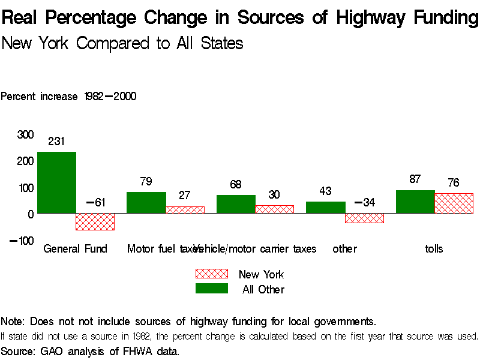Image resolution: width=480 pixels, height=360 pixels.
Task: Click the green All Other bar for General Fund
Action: (x=56, y=182)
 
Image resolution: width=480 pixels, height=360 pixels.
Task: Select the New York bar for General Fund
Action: (x=95, y=221)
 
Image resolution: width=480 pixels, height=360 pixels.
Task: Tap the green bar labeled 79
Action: (x=146, y=203)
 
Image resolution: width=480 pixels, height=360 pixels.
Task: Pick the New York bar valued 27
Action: (x=185, y=209)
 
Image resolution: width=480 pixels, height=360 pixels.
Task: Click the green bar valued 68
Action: (x=236, y=204)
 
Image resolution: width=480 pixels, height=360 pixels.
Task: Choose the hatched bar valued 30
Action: (x=275, y=209)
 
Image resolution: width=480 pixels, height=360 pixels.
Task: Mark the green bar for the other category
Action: (x=325, y=207)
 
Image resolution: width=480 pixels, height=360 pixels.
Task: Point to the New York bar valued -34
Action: (x=364, y=218)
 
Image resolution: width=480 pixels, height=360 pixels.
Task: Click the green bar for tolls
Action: (x=415, y=202)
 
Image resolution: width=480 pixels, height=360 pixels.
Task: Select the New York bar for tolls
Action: (x=454, y=203)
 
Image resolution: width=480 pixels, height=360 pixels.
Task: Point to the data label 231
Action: (x=56, y=142)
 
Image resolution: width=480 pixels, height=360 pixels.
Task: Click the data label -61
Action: (x=95, y=203)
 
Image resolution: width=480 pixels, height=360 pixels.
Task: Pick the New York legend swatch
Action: (x=211, y=274)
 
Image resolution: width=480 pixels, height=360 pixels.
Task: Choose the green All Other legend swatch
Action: (x=211, y=289)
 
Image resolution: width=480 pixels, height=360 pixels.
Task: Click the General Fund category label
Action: (x=75, y=248)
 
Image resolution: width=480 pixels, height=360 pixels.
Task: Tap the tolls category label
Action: (x=434, y=248)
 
